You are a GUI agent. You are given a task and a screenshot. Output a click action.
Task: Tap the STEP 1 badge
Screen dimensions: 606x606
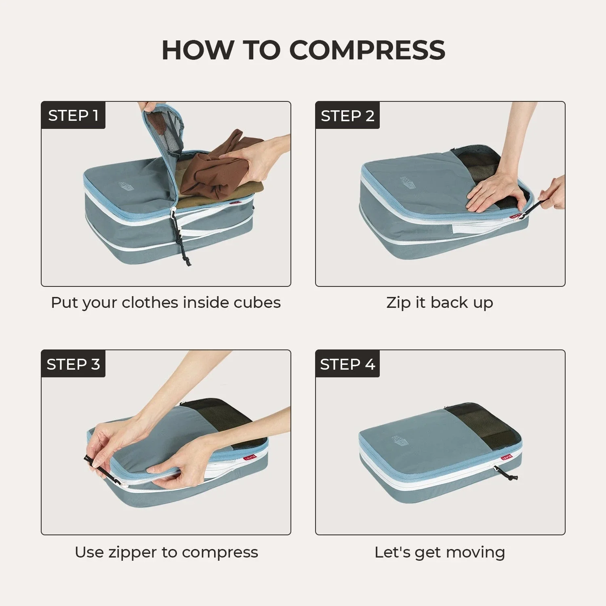pos(73,116)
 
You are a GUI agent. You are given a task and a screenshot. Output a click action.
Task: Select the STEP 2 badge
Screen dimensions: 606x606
pos(347,116)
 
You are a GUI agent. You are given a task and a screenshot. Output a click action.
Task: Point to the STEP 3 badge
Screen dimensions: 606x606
pos(73,364)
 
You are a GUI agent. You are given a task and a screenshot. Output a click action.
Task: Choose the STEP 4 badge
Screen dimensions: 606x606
pos(347,364)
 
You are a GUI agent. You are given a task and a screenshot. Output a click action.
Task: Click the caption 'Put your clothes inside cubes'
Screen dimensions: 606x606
pos(166,303)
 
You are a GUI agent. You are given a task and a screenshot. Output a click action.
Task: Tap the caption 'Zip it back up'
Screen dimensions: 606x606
pos(440,303)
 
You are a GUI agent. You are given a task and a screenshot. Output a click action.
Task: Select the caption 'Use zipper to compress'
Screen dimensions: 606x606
pos(166,552)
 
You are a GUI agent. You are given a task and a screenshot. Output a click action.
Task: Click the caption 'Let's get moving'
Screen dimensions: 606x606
pos(440,552)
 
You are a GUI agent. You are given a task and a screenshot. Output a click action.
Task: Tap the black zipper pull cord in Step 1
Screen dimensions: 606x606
pos(182,238)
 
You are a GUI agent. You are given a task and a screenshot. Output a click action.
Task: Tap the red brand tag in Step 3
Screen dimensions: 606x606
pos(250,458)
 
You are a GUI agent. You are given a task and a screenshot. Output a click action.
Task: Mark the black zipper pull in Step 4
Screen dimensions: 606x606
pos(507,475)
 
